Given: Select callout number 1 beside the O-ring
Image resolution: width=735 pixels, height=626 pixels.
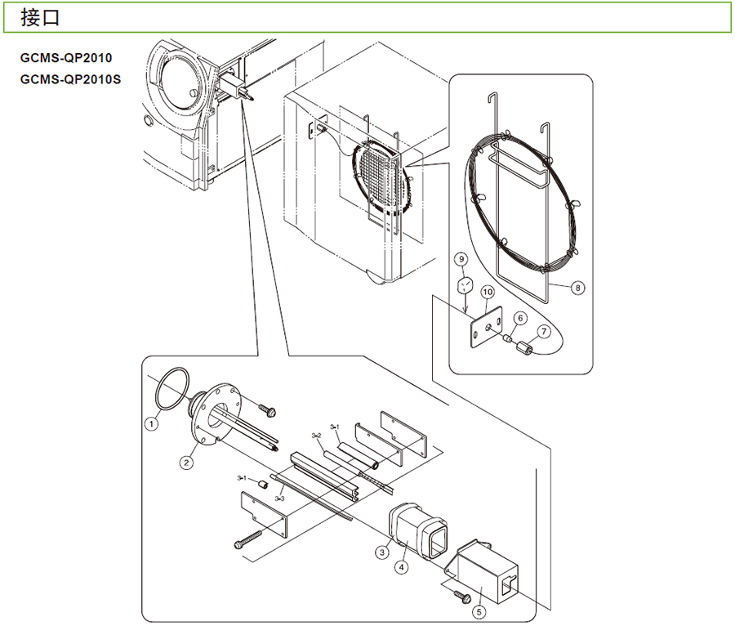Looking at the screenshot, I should coord(151,423).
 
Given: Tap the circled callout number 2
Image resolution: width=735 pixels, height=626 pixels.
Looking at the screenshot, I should coord(187,463).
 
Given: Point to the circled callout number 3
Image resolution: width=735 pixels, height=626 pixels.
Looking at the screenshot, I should coord(381,552).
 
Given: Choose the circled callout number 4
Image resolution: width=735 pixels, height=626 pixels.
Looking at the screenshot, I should coord(402,566).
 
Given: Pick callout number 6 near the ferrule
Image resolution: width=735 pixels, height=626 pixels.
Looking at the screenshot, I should coord(519,319).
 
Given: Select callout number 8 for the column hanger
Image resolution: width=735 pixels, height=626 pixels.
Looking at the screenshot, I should coord(577,288).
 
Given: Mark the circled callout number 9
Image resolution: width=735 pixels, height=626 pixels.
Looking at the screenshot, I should coord(462,260).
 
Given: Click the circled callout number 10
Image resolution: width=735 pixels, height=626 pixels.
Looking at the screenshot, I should coord(488,291).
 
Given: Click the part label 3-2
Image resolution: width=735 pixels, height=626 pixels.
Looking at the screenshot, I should coord(317,435).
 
